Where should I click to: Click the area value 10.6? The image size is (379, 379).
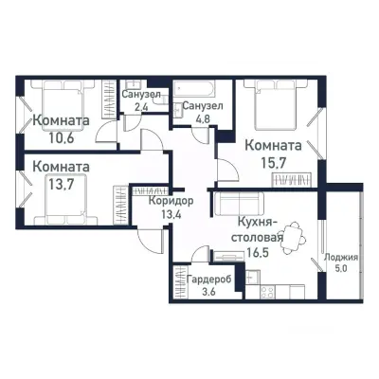click(62, 136)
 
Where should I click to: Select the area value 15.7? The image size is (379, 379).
click(273, 162)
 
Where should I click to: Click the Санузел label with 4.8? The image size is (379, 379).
click(203, 105)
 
